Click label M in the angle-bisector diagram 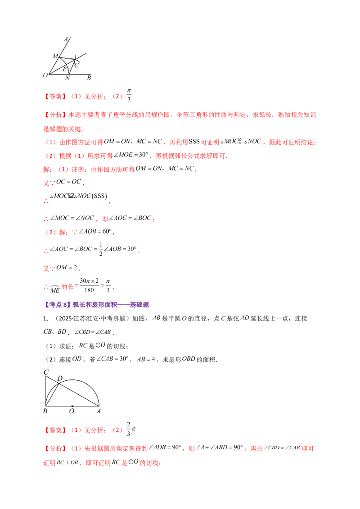(x=55, y=56)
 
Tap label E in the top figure (x=65, y=69)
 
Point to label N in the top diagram (x=67, y=78)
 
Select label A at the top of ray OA (x=66, y=39)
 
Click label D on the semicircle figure (x=60, y=378)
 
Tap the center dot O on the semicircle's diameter (x=72, y=406)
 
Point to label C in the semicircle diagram (x=46, y=372)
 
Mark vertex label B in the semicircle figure (x=45, y=411)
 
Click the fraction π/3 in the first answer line (x=129, y=95)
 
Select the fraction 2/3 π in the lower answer (x=131, y=429)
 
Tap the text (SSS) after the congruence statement (x=99, y=196)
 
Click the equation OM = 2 (x=67, y=268)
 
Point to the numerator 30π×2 (x=89, y=281)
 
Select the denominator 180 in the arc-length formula (x=89, y=290)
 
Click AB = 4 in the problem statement (x=146, y=359)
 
